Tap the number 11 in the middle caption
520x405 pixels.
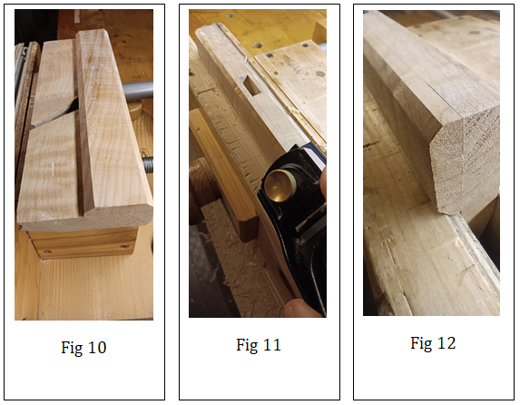tap(271, 345)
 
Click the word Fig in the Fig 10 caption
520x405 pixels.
tap(72, 349)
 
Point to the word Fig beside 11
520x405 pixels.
tap(247, 346)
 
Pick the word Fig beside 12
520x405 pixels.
tap(421, 344)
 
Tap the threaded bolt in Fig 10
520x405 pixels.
tap(148, 164)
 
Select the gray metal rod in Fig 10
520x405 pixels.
tap(137, 92)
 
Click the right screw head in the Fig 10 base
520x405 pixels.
tap(123, 246)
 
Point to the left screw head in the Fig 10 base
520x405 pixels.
tap(47, 252)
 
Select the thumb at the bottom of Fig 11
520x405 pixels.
tap(303, 308)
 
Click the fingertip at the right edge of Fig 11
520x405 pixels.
tap(323, 183)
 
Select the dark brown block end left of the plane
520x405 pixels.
tap(245, 230)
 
